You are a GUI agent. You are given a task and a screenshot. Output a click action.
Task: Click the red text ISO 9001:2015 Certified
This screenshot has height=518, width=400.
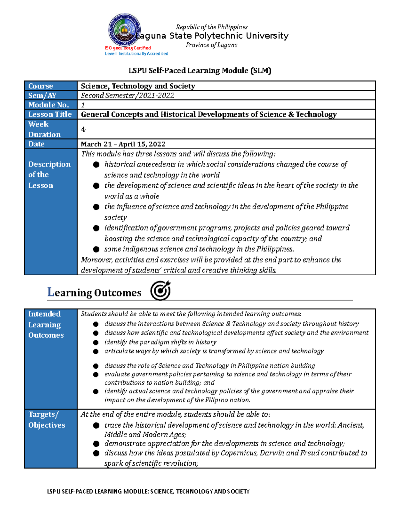coord(128,48)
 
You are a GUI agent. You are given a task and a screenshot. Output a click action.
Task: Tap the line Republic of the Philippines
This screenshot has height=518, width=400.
coord(212,27)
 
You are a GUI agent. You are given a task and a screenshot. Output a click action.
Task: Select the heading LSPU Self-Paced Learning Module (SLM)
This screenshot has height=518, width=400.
coord(200,70)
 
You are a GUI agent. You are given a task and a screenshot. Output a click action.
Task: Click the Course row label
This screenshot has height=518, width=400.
coord(41,86)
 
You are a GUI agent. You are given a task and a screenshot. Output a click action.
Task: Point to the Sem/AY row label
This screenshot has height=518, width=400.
coord(42,95)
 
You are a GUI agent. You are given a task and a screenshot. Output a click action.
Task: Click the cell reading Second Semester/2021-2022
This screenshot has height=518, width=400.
coord(128,95)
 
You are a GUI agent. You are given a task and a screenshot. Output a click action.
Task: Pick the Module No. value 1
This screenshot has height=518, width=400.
coord(83,105)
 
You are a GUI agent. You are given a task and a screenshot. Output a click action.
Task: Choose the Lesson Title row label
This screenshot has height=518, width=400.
coord(50,114)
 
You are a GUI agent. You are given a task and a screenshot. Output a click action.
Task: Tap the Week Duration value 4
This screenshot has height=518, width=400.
coord(83,129)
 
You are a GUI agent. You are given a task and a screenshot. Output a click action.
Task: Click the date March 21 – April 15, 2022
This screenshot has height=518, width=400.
coord(123,144)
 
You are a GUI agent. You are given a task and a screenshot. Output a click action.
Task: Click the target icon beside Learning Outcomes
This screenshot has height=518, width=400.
coord(160,291)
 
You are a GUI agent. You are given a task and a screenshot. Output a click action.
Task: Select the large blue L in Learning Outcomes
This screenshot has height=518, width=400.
coord(51,292)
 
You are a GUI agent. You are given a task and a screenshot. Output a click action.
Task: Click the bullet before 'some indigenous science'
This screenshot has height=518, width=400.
coord(96,249)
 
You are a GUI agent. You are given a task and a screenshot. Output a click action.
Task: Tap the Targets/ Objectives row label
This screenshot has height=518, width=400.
coord(47,420)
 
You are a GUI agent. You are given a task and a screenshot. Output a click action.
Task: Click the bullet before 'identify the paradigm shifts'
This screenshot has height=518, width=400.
coord(96,342)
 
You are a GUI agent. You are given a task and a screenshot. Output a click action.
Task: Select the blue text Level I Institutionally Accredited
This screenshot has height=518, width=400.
coord(136,54)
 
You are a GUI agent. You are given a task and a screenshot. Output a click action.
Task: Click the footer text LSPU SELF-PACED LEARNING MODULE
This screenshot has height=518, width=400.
coord(148,491)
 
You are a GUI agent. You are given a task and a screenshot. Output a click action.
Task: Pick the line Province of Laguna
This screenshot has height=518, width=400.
coord(212,45)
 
